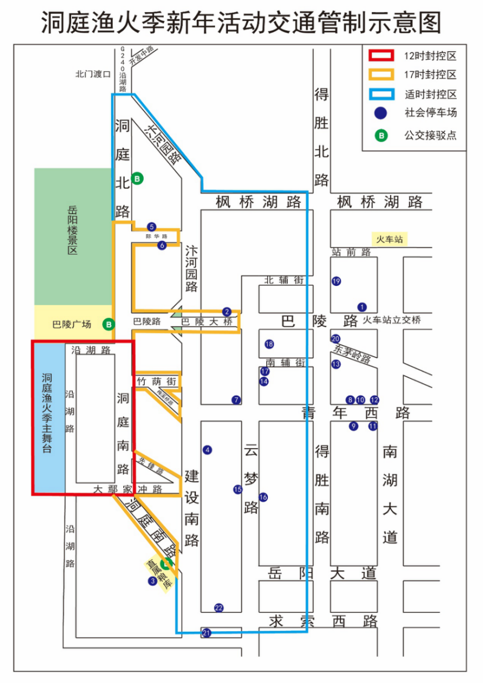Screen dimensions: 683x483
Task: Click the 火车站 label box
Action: point(389,239)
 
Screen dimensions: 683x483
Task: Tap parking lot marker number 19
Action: point(336,281)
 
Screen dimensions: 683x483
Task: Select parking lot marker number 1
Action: point(362,307)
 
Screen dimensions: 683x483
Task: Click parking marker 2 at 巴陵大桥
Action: point(227,312)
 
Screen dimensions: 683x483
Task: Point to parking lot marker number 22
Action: point(219,608)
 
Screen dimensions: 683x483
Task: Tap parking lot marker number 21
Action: point(206,632)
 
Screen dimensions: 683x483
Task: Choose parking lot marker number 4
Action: point(207,449)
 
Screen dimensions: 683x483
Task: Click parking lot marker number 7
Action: point(236,400)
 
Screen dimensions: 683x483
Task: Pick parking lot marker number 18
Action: point(269,344)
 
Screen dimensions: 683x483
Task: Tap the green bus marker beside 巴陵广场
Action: point(109,324)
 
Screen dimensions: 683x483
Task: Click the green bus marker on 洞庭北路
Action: point(137,178)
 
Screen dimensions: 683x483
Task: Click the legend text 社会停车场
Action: point(431,113)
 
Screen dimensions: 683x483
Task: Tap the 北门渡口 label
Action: point(93,74)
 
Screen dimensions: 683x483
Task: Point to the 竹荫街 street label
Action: point(156,381)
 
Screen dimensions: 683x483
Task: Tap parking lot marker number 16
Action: point(263,497)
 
